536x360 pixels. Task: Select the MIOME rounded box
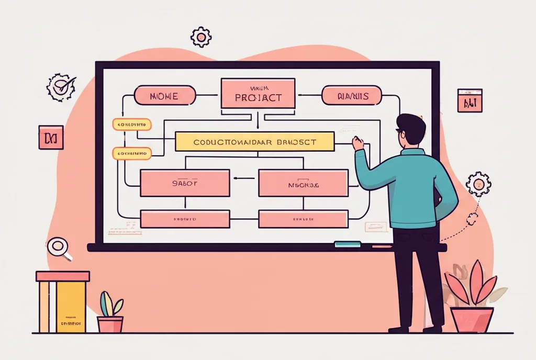[165, 96]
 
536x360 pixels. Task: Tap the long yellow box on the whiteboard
[254, 141]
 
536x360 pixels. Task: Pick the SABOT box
[185, 183]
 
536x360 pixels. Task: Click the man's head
[410, 130]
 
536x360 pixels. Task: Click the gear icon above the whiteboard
[201, 37]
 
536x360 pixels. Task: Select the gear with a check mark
[61, 87]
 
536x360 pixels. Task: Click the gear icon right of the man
[477, 184]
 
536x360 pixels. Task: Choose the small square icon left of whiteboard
[51, 137]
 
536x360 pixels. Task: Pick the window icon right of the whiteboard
[470, 100]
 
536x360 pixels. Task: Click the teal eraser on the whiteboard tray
[348, 244]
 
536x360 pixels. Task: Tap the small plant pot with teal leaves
[110, 324]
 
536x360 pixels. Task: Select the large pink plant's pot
[472, 320]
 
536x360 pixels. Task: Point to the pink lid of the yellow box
[63, 276]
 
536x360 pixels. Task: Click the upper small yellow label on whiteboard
[132, 125]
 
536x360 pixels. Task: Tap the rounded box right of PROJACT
[349, 96]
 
